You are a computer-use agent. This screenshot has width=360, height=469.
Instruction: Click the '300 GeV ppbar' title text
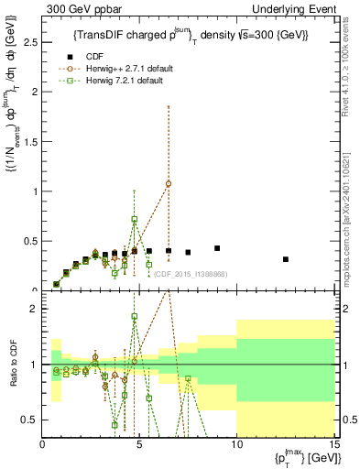[80, 8]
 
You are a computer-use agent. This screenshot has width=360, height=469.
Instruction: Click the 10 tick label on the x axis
[236, 444]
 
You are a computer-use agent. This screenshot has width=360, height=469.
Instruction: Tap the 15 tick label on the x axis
[333, 444]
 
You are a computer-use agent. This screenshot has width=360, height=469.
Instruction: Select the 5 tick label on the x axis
[139, 444]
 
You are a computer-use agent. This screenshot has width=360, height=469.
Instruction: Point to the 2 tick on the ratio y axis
[33, 309]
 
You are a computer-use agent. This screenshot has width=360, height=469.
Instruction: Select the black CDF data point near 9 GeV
[217, 248]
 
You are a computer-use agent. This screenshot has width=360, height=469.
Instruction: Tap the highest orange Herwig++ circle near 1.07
[169, 183]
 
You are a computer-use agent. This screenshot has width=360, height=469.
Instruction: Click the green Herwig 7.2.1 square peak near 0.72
[135, 219]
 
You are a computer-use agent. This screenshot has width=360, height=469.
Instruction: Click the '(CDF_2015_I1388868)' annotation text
[190, 273]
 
